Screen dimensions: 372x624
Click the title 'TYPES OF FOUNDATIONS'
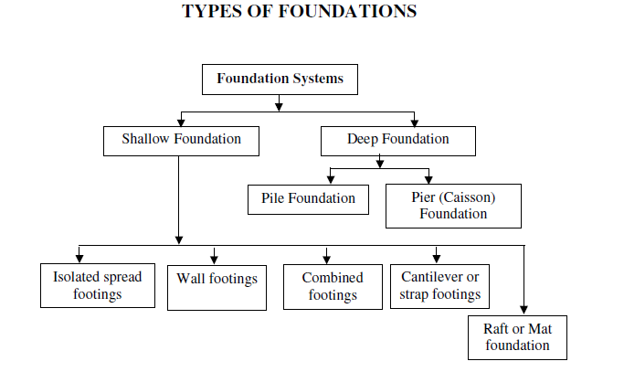[300, 12]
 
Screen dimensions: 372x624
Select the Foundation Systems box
[280, 79]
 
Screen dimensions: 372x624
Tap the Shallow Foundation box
[182, 140]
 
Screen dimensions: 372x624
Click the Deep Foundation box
[397, 140]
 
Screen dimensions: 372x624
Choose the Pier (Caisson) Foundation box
[453, 206]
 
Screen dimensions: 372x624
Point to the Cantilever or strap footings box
[439, 285]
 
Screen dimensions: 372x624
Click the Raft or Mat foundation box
[517, 337]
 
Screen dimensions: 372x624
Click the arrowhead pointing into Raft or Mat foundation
[524, 309]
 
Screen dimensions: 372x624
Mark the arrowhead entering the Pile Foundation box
[329, 179]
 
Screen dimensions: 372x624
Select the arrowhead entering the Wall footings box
[214, 259]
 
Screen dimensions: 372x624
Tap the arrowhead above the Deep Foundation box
[415, 122]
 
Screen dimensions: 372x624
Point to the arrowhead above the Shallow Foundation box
[183, 122]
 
